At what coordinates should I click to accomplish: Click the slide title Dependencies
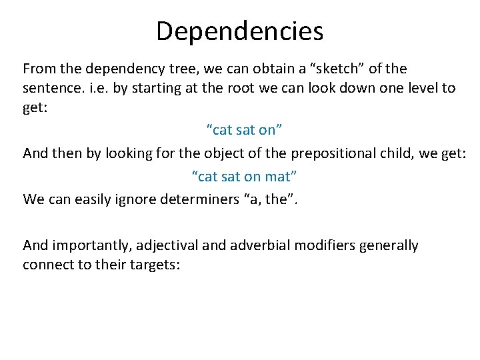click(x=239, y=31)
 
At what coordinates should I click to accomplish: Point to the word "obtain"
click(x=262, y=69)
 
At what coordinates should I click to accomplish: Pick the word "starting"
click(x=158, y=88)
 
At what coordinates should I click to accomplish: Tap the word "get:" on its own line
click(x=35, y=108)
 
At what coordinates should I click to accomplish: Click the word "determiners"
click(x=206, y=199)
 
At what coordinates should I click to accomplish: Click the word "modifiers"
click(x=326, y=245)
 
